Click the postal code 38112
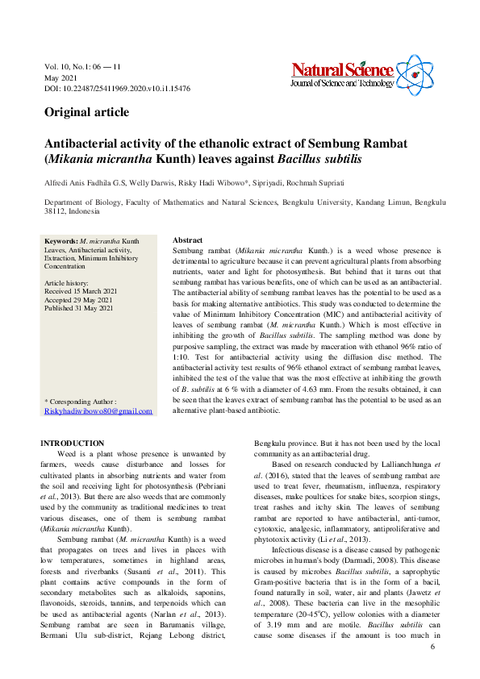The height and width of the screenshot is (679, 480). [x=56, y=211]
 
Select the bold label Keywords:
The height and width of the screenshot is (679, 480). [x=61, y=241]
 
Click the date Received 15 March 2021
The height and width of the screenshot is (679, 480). [x=81, y=291]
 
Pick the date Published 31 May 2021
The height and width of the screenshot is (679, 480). [x=79, y=308]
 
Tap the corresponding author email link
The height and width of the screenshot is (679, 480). [x=98, y=411]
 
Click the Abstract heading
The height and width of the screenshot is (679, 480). [x=188, y=240]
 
